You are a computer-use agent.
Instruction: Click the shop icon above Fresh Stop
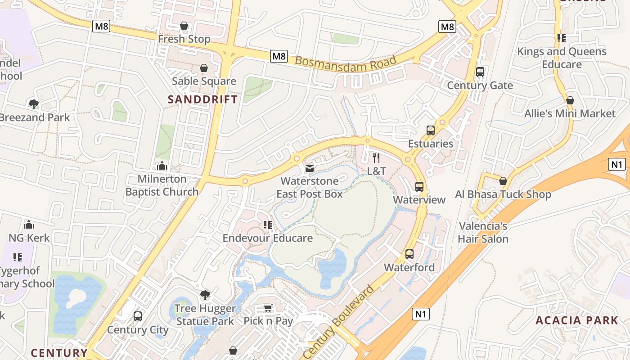(x=184, y=26)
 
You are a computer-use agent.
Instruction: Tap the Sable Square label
(x=204, y=81)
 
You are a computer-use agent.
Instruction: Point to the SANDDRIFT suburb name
(x=202, y=99)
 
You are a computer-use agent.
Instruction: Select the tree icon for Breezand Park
(x=33, y=104)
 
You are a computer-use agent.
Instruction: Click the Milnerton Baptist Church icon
(x=162, y=166)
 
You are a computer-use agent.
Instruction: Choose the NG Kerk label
(x=29, y=238)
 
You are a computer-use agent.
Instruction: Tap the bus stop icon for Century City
(x=138, y=316)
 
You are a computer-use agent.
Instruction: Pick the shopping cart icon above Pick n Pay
(x=268, y=308)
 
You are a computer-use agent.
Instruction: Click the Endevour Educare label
(x=268, y=238)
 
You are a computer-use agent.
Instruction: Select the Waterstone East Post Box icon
(x=310, y=168)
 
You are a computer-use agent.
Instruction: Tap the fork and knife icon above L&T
(x=376, y=158)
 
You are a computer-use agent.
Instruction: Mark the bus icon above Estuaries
(x=431, y=130)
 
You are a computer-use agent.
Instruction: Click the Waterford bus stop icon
(x=409, y=254)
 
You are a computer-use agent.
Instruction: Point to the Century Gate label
(x=480, y=85)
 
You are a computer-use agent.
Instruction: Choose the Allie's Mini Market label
(x=570, y=113)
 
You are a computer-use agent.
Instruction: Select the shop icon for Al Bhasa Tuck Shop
(x=503, y=181)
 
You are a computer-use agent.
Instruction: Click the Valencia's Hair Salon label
(x=483, y=232)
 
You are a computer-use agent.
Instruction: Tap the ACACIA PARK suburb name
(x=577, y=320)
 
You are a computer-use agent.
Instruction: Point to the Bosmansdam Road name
(x=346, y=66)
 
